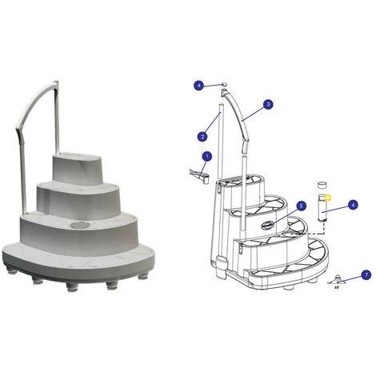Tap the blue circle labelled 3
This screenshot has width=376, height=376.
(x=268, y=104)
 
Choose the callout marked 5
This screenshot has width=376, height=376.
(x=301, y=206)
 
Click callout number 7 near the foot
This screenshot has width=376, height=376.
(x=366, y=274)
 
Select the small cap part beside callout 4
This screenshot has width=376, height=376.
(x=224, y=83)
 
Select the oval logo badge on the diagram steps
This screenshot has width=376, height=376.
(x=269, y=225)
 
